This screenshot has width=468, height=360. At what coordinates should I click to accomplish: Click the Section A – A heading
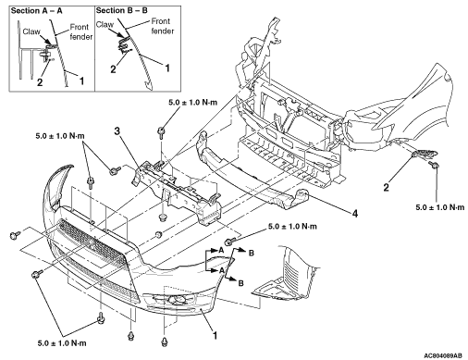tap(37, 11)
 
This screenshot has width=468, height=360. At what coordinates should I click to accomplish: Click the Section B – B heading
tap(122, 10)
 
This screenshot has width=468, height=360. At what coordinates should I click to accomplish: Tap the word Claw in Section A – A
tap(31, 31)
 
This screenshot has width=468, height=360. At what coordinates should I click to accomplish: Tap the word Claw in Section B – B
tap(105, 24)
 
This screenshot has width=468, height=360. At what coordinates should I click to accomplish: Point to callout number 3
tap(117, 131)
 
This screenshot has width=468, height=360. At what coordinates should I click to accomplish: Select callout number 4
tap(355, 213)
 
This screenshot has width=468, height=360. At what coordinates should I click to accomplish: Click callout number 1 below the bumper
tap(215, 335)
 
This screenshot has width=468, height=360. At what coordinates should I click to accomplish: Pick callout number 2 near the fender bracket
tap(386, 187)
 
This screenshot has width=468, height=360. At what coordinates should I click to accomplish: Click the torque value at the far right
tap(440, 207)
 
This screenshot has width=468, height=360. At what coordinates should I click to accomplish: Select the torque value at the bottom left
tap(62, 343)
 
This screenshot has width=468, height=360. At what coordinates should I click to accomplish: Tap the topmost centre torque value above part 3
tap(193, 103)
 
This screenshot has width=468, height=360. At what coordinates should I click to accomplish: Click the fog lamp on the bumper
tap(176, 300)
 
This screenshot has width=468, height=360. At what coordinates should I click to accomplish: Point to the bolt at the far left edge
tap(15, 235)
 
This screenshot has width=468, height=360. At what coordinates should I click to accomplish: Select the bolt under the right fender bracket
tap(435, 165)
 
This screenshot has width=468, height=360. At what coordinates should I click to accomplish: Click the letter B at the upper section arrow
tap(252, 253)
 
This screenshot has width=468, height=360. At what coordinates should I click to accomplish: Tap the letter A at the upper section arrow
tap(221, 251)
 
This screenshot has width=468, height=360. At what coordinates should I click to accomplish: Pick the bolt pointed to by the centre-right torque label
tap(229, 241)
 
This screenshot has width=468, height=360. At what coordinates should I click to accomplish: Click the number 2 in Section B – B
tap(113, 69)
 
